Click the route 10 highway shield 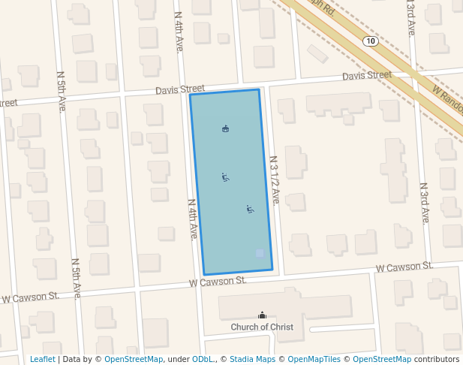pyautogui.click(x=370, y=41)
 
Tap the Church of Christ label pyautogui.click(x=262, y=327)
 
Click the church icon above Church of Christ pyautogui.click(x=262, y=315)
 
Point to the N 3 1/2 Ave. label pyautogui.click(x=275, y=180)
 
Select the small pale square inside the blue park pyautogui.click(x=260, y=253)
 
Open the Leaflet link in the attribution pyautogui.click(x=42, y=360)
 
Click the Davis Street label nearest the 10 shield pyautogui.click(x=367, y=75)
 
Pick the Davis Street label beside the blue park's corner pyautogui.click(x=180, y=90)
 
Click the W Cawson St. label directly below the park pyautogui.click(x=218, y=281)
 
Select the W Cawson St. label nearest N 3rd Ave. pyautogui.click(x=404, y=267)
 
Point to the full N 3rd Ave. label pyautogui.click(x=425, y=203)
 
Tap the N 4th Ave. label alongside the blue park pyautogui.click(x=193, y=219)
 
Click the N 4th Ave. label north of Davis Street pyautogui.click(x=179, y=32)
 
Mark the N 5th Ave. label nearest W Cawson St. pyautogui.click(x=76, y=279)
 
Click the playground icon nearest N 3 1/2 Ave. pyautogui.click(x=250, y=209)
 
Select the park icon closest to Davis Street pyautogui.click(x=225, y=129)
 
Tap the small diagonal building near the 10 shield pyautogui.click(x=317, y=54)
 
